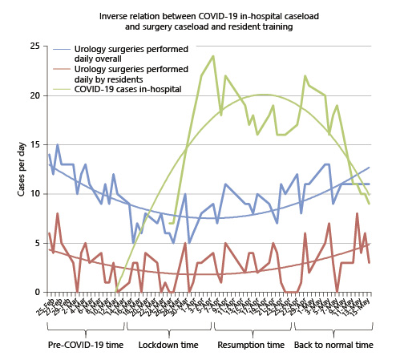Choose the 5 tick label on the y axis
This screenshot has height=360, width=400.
coord(35,243)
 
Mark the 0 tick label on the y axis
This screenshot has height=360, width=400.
coord(35,292)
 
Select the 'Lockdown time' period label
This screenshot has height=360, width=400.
coord(168,344)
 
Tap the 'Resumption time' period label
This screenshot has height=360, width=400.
coord(251,344)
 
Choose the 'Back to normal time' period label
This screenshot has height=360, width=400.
coord(333,344)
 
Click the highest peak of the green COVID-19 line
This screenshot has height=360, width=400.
coord(213,56)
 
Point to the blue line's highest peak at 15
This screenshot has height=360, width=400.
coord(58,145)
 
